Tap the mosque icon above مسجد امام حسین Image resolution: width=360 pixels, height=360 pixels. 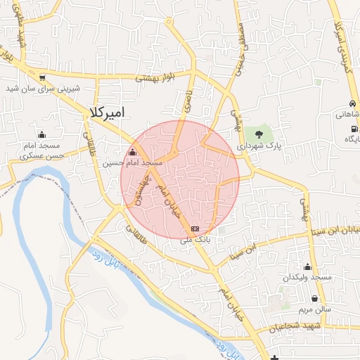pos(132,152)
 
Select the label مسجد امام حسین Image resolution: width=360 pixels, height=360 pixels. pos(133,162)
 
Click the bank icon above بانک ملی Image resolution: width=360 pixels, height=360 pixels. pos(195,229)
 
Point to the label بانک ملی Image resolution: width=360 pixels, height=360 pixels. pos(195,239)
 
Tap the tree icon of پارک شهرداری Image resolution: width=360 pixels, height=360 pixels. pos(259,132)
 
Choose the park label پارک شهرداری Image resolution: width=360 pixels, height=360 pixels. pos(259,146)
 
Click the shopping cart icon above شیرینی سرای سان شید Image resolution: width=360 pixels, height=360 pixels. pos(44,78)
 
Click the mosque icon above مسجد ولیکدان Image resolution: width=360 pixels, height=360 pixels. pos(307,266)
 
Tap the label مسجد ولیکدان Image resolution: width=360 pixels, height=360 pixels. pos(307,278)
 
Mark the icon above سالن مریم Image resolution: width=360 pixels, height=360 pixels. pos(314,298)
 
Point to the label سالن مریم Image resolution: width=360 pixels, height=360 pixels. pos(314,309)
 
